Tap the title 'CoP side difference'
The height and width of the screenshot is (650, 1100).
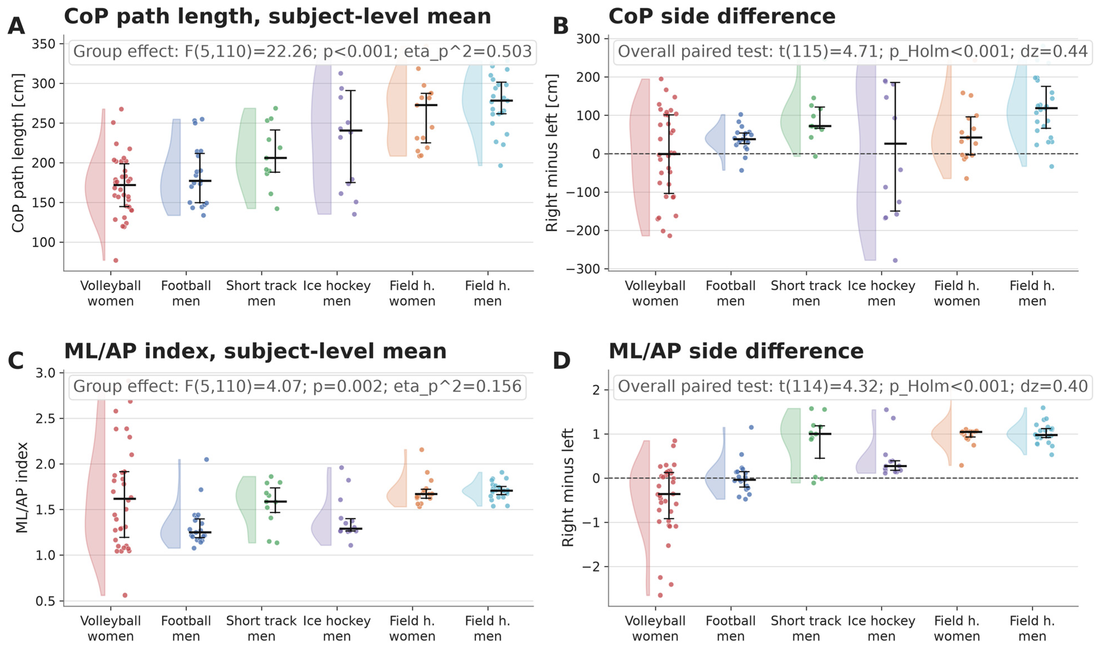pos(722,17)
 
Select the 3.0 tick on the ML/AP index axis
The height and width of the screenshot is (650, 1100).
pos(46,373)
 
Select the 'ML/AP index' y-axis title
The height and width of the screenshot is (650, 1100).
pos(22,487)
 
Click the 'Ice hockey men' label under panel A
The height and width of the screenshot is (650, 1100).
pos(337,293)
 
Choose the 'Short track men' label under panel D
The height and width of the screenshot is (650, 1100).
pos(806,629)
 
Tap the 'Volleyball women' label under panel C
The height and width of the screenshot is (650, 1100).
pos(110,629)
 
